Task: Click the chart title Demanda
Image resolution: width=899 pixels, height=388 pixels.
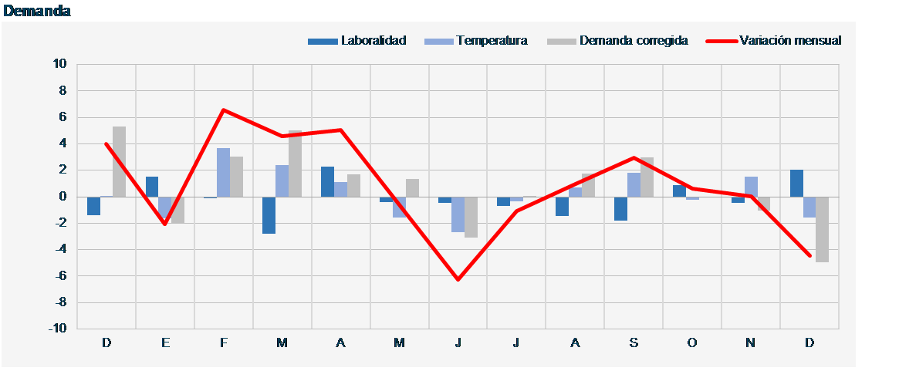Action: tap(37, 11)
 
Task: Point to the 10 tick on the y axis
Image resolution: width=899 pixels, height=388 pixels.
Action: tap(60, 64)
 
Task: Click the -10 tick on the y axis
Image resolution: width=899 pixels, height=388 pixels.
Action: tap(58, 329)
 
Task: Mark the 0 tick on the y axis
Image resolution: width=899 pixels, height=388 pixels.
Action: tap(63, 197)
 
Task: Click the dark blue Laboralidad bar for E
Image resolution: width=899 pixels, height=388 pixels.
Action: tap(152, 187)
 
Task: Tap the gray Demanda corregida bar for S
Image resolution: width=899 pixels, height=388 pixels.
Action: tap(647, 177)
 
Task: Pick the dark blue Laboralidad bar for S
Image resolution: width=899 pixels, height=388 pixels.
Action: tap(620, 208)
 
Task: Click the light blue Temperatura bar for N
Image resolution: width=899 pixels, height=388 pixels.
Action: tap(750, 187)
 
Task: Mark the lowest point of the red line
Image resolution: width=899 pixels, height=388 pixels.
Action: tap(458, 279)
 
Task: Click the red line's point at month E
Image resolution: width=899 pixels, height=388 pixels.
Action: tap(165, 224)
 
